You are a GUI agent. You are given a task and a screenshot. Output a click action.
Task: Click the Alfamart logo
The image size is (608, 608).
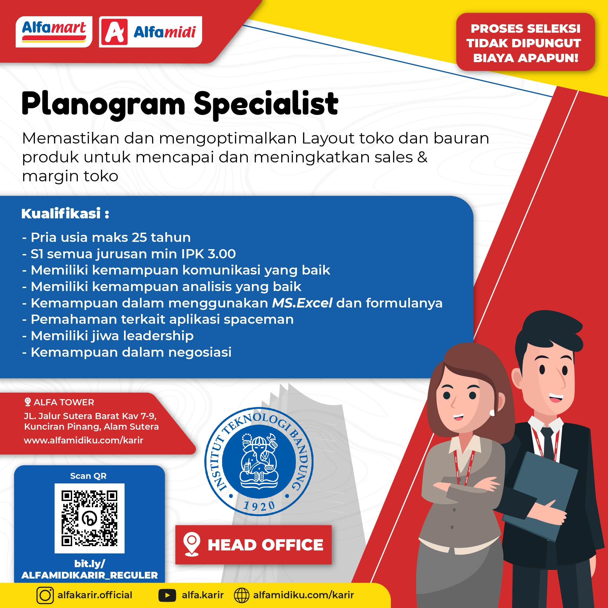[54, 32]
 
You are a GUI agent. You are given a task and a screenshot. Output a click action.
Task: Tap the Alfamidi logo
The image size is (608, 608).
[151, 32]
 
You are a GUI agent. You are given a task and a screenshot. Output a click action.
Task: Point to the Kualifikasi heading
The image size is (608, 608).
[65, 214]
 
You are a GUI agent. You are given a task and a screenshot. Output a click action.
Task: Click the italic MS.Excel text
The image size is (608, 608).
[302, 303]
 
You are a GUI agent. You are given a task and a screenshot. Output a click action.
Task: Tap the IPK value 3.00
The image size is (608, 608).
[222, 254]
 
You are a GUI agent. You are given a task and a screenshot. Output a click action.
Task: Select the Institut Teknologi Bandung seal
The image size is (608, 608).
[259, 461]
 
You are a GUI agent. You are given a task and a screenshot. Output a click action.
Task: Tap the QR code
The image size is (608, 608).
[89, 518]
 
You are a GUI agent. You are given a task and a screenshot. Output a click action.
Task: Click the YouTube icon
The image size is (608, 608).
[167, 595]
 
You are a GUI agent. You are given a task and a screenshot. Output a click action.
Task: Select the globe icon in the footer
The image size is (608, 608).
[242, 595]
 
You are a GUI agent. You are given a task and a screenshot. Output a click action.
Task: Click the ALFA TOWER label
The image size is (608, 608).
[64, 402]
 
